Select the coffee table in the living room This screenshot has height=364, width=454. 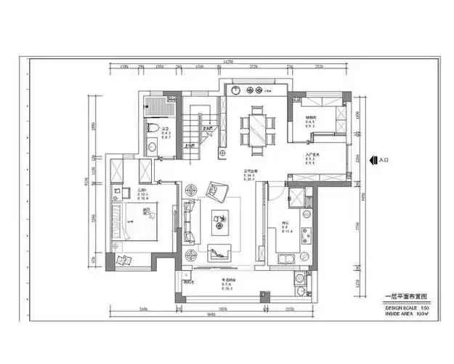pos(219,218)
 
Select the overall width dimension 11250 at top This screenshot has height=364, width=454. pos(227,62)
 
